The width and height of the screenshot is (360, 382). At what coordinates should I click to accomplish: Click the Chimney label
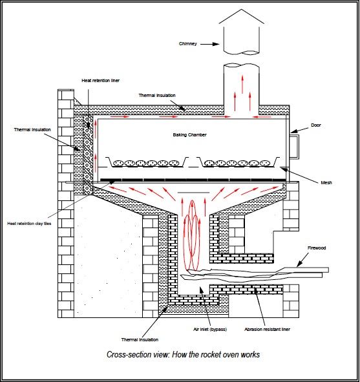[x=188, y=43]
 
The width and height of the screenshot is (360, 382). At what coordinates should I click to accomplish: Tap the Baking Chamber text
[x=190, y=134]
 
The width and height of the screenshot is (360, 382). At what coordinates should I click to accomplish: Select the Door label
[x=316, y=125]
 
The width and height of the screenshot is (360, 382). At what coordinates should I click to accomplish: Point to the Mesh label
[x=326, y=182]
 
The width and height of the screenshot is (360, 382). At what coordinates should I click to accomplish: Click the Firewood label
[x=317, y=248]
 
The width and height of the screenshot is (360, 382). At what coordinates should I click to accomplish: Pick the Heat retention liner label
[x=101, y=80]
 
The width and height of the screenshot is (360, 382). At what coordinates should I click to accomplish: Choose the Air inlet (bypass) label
[x=210, y=330]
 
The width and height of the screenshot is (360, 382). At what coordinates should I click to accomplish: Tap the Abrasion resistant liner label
[x=267, y=330]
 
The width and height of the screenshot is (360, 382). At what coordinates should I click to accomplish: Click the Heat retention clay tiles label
[x=29, y=224]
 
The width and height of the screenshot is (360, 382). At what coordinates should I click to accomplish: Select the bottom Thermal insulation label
[x=140, y=339]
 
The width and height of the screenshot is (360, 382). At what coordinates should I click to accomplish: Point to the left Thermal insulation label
[x=32, y=130]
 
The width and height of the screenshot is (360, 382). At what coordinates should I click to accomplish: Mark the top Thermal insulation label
[x=157, y=95]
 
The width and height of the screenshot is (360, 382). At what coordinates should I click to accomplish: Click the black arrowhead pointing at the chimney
[x=216, y=44]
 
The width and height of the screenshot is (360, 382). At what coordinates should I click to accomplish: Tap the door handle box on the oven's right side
[x=294, y=147]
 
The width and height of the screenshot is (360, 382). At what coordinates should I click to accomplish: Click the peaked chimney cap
[x=241, y=16]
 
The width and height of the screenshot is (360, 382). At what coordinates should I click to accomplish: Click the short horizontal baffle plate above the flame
[x=193, y=193]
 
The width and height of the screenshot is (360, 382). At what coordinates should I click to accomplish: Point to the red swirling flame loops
[x=192, y=235]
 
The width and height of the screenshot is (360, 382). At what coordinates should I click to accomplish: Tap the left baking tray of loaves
[x=149, y=162]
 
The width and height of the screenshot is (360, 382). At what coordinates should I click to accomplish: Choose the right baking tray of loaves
[x=238, y=162]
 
